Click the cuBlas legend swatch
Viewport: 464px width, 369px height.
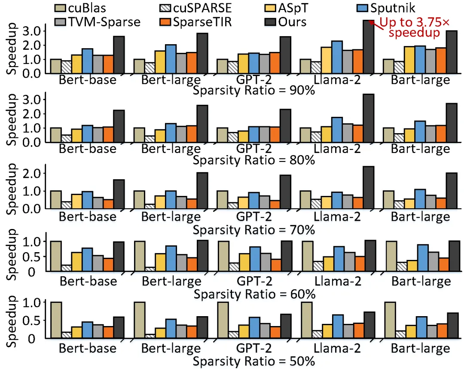61,8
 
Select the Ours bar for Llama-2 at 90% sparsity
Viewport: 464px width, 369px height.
369,47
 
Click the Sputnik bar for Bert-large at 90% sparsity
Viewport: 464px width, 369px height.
171,59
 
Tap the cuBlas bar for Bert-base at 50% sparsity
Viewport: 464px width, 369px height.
56,320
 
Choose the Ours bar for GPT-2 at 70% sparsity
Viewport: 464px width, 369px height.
285,192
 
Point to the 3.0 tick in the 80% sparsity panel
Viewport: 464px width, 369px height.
33,99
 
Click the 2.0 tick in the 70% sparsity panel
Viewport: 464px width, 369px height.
33,173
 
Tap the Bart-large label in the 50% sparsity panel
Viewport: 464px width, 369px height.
421,348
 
